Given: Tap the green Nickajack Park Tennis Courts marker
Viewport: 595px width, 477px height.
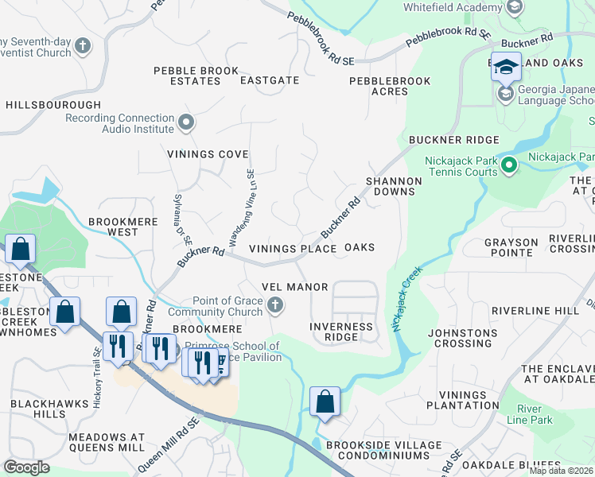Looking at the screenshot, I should pyautogui.click(x=509, y=166).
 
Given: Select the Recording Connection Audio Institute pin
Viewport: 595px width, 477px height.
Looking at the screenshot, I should pyautogui.click(x=186, y=122).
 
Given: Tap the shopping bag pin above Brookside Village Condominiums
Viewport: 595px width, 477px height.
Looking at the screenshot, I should pyautogui.click(x=325, y=401).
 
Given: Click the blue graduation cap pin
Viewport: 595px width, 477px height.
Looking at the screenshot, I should pyautogui.click(x=505, y=68).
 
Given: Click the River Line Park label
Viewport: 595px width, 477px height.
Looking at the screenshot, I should pyautogui.click(x=535, y=413).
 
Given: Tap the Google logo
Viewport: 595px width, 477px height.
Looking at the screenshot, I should pyautogui.click(x=25, y=467).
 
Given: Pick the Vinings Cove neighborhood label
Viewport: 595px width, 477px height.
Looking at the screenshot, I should pyautogui.click(x=208, y=153).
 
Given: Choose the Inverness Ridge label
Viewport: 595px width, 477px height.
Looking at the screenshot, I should pyautogui.click(x=340, y=332).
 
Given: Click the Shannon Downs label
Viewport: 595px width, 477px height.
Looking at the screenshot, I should pyautogui.click(x=393, y=186).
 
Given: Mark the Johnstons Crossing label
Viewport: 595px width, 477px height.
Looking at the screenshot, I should pyautogui.click(x=463, y=338).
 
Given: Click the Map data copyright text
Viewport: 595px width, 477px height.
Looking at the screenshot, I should pyautogui.click(x=561, y=471).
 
